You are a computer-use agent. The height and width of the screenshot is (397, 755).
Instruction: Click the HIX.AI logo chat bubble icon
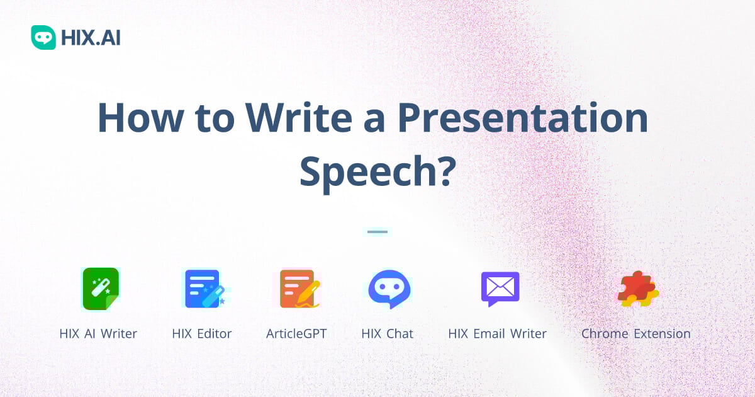[x=43, y=37]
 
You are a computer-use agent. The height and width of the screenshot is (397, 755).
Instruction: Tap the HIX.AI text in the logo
[x=91, y=38]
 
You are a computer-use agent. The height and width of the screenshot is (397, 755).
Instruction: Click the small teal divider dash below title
[x=377, y=232]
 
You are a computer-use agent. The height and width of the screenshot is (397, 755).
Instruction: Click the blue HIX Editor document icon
[x=203, y=289]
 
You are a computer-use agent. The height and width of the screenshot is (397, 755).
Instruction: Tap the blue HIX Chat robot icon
[x=388, y=289]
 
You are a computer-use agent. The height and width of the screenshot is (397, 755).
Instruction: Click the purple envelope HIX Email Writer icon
[x=500, y=288]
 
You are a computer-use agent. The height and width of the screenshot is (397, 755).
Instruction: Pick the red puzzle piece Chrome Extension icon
[x=637, y=289]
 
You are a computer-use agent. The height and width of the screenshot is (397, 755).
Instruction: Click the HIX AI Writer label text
[x=98, y=334]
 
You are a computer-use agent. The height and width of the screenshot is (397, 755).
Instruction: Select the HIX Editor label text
[x=202, y=334]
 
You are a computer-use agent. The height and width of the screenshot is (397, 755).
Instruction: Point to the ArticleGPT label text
[x=296, y=334]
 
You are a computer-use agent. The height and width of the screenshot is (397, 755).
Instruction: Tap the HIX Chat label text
[x=388, y=334]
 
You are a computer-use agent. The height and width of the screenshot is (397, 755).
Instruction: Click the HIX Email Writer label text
[x=497, y=334]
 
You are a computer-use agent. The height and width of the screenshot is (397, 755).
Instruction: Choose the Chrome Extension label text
[x=635, y=334]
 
